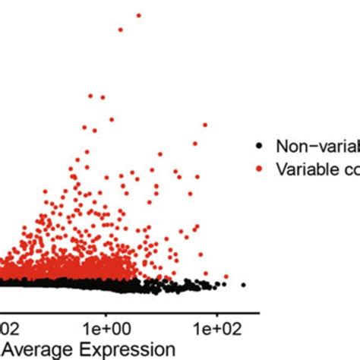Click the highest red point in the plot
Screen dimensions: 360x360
(139, 15)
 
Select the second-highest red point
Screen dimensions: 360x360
(121, 30)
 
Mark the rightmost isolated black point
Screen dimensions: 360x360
(243, 285)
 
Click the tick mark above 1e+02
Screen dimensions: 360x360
(216, 313)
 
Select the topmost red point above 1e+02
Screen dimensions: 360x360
(204, 124)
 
